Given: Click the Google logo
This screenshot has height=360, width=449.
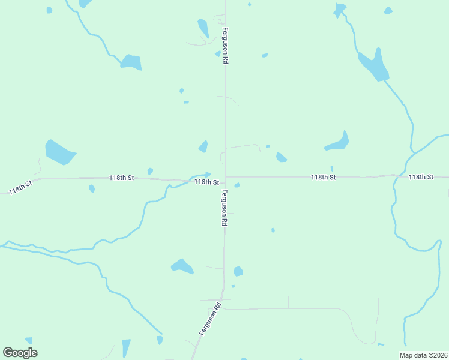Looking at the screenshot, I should point(20,353).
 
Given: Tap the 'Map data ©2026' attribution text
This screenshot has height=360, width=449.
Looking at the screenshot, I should point(423,355).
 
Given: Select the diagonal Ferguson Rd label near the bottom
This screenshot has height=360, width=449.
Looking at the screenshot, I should point(212,318).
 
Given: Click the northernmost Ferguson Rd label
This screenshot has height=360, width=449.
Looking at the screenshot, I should point(225,46).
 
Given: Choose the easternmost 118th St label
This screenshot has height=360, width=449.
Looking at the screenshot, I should point(420,177).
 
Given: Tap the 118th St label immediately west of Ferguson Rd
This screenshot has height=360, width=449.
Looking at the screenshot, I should point(206,181).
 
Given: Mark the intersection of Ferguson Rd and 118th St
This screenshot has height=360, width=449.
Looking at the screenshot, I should point(225,178).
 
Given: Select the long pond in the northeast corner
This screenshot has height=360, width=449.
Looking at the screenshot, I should point(374,65).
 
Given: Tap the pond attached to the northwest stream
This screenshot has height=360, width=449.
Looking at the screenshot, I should point(131,62).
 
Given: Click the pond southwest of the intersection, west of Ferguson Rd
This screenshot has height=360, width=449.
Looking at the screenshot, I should point(182,265).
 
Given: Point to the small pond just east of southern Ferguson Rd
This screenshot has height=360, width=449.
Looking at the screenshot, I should point(238,271).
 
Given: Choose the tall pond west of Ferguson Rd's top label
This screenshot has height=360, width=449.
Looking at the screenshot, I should point(203,28).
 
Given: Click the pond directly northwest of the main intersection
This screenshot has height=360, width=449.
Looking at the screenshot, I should point(203,146).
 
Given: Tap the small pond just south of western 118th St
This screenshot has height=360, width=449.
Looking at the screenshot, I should point(92,188).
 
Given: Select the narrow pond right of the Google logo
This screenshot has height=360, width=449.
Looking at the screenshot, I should point(126,348).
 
